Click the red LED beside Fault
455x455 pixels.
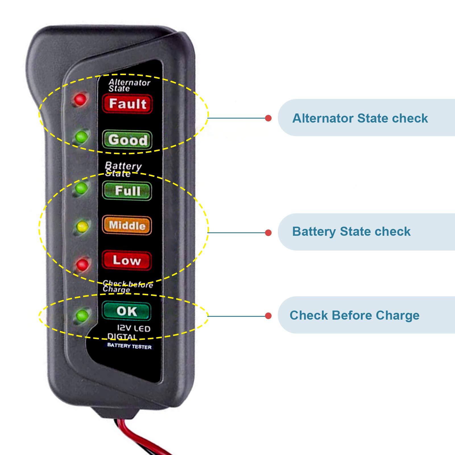click(x=80, y=99)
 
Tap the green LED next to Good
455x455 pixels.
click(x=82, y=137)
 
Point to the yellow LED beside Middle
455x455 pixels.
click(x=82, y=226)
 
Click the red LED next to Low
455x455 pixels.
click(x=83, y=265)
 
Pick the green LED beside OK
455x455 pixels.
click(x=82, y=315)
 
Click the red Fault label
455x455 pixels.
click(x=127, y=104)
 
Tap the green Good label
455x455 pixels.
click(x=127, y=140)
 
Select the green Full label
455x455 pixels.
click(x=127, y=191)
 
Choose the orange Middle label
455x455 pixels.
click(x=127, y=226)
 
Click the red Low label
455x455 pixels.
click(x=127, y=260)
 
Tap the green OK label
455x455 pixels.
click(x=127, y=311)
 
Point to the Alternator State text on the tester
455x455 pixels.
click(x=129, y=85)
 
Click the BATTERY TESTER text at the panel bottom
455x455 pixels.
click(x=129, y=346)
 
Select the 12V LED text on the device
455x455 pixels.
click(x=134, y=329)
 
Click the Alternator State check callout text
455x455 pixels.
click(x=360, y=118)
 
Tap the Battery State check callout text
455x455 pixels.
click(x=351, y=231)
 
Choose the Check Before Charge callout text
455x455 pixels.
click(x=354, y=315)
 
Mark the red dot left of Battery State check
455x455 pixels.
click(x=268, y=233)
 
